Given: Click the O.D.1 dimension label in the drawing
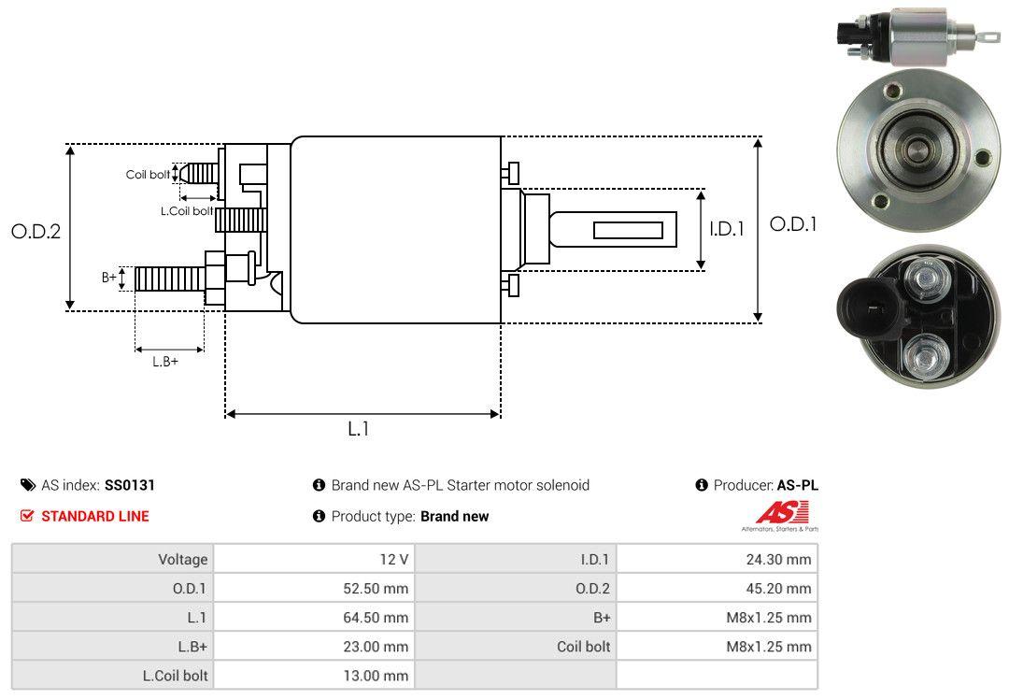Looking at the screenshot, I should [x=793, y=224].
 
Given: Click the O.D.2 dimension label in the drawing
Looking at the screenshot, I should [x=36, y=231].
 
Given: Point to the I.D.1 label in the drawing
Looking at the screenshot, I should [x=726, y=228].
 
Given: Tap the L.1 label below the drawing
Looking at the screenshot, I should [x=359, y=429].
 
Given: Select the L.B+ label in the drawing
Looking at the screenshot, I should [x=165, y=362].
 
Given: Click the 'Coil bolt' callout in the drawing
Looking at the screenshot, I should [x=148, y=175].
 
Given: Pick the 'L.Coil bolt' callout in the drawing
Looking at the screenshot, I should [x=187, y=211].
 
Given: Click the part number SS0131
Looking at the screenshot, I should [x=130, y=485].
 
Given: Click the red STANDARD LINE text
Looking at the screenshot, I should [x=94, y=516].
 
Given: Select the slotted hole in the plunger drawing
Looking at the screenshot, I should [x=628, y=230].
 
